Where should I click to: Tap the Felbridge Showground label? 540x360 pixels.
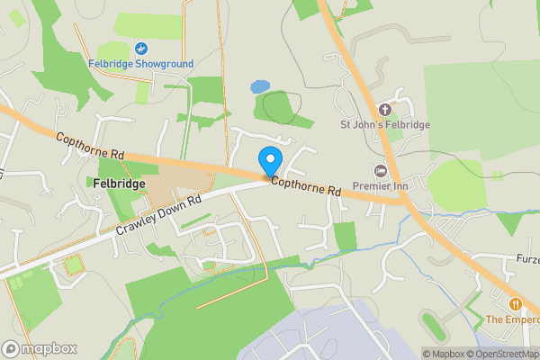click(140, 64)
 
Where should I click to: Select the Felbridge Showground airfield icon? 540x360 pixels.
click(140, 48)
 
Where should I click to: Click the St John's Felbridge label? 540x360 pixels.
click(385, 125)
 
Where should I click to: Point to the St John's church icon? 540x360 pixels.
click(385, 110)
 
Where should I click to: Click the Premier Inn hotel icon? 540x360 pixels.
click(380, 170)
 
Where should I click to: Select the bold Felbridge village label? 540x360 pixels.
click(119, 183)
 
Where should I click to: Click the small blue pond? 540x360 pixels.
click(260, 87)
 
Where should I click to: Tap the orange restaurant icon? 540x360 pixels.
click(517, 303)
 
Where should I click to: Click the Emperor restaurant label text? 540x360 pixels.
click(512, 319)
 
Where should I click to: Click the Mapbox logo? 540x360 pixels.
click(40, 348)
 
